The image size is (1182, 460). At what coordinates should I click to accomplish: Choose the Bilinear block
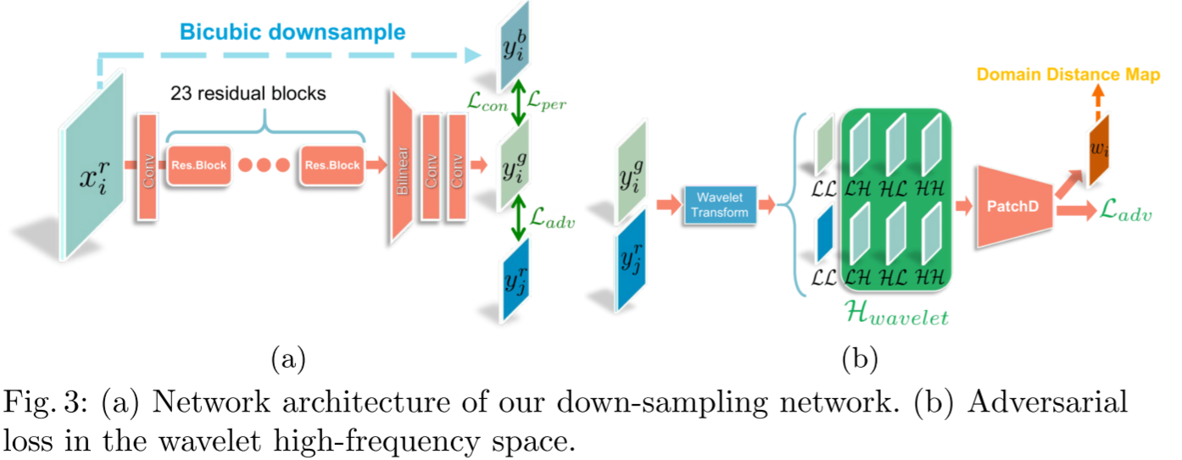pos(400,165)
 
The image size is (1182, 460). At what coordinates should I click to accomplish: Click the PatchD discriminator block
pos(1013,206)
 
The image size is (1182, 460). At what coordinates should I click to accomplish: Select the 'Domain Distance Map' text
pos(1068,75)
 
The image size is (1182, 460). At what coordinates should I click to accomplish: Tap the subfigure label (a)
pos(287,358)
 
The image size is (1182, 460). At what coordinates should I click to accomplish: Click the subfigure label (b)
pos(859,358)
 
